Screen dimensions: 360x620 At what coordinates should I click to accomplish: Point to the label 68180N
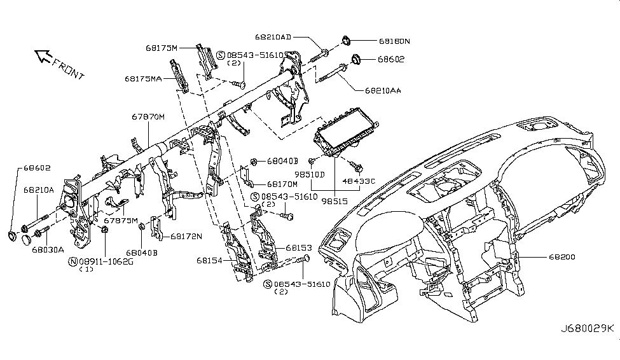coord(394,41)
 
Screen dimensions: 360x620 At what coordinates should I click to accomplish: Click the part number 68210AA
coord(383,91)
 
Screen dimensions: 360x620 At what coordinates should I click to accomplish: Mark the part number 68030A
coord(48,250)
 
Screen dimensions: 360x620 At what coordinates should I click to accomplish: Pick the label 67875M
coord(120,220)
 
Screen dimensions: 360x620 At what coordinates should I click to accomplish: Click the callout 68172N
coord(186,236)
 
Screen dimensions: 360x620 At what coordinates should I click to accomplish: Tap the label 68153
coord(298,247)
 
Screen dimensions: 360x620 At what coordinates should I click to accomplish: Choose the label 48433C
coord(360,181)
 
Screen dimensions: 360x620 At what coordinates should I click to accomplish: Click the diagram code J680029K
coord(587,328)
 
